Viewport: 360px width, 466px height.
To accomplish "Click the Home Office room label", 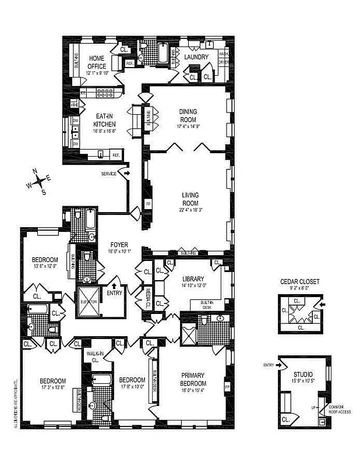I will (97, 62).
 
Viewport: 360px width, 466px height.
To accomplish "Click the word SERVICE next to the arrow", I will (109, 174).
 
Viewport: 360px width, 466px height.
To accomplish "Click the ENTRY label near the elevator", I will (114, 293).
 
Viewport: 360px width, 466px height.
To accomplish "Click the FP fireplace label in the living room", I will (148, 204).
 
